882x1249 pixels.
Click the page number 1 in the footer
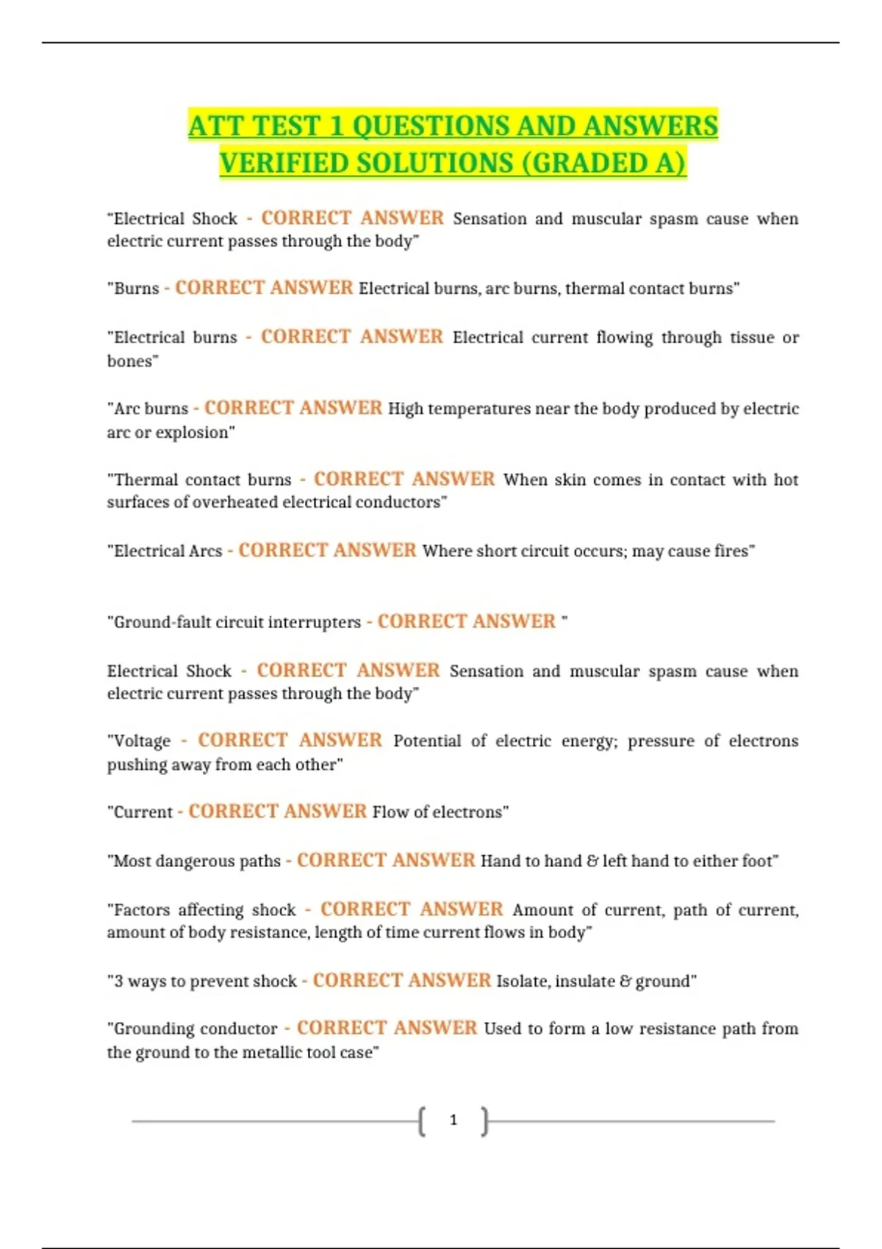pyautogui.click(x=453, y=1120)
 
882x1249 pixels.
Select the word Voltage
pyautogui.click(x=142, y=741)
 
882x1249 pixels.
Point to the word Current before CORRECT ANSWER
pyautogui.click(x=143, y=812)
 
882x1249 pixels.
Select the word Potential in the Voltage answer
pyautogui.click(x=427, y=741)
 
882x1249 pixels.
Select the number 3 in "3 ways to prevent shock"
pyautogui.click(x=118, y=982)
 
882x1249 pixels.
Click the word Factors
pyautogui.click(x=142, y=910)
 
